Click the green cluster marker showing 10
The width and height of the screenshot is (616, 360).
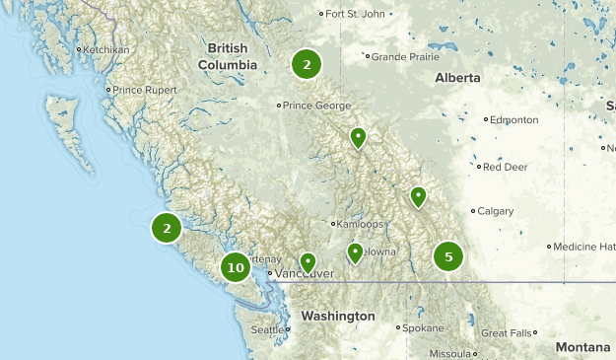(x=236, y=267)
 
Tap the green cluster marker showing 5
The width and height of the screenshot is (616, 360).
(x=448, y=257)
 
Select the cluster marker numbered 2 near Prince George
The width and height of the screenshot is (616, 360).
(x=307, y=64)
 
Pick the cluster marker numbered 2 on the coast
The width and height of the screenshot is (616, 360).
(x=167, y=229)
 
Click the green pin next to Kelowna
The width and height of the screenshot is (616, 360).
(x=356, y=253)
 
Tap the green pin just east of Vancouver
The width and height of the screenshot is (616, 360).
(x=308, y=262)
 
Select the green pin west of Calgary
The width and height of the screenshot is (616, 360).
(x=419, y=197)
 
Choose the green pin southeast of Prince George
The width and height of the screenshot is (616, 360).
(x=359, y=138)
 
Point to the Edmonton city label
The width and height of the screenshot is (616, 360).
(x=515, y=119)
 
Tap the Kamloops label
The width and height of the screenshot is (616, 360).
(x=357, y=224)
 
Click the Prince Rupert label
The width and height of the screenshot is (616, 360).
(x=145, y=90)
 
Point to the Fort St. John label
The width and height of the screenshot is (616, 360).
(x=356, y=14)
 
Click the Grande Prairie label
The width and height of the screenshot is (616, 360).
(x=404, y=56)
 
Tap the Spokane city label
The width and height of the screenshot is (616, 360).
(x=424, y=326)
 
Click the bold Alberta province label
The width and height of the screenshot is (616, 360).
(x=458, y=77)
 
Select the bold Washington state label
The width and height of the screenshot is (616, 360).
(x=338, y=316)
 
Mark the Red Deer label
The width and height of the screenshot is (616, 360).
(x=505, y=167)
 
